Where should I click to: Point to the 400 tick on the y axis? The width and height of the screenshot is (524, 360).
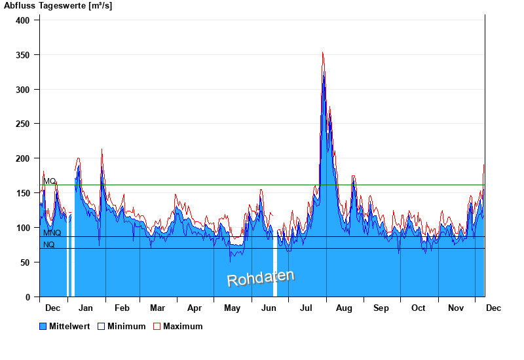tap(24, 20)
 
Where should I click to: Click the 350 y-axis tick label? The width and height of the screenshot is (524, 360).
tap(24, 55)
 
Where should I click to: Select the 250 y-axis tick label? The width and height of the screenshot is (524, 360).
tap(24, 124)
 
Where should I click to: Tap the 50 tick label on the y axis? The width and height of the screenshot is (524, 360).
tap(26, 262)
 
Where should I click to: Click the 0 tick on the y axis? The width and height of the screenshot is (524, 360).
tap(28, 297)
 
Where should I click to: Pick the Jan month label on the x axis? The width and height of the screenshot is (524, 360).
tap(86, 308)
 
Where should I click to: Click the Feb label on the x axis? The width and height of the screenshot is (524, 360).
tap(122, 308)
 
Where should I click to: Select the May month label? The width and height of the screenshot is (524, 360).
tap(233, 308)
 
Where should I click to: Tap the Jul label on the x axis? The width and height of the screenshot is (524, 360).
tap(307, 308)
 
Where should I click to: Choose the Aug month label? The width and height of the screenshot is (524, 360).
tap(344, 308)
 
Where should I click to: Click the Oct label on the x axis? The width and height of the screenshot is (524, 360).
tap(418, 308)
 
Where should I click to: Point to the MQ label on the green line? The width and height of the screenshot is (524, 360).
tap(50, 181)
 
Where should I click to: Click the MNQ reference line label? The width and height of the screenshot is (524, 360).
tap(52, 233)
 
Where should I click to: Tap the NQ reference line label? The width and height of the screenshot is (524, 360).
tap(49, 245)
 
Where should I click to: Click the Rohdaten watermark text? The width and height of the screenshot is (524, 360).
tap(261, 278)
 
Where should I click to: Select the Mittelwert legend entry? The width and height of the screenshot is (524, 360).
tap(65, 326)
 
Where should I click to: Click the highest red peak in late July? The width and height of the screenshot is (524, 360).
tap(322, 52)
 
